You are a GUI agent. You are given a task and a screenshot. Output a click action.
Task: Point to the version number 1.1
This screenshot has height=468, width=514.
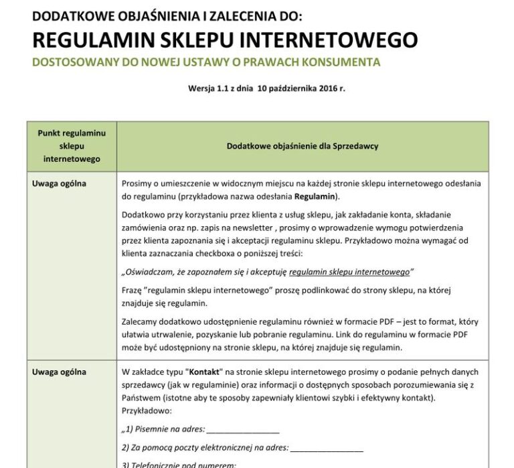pos(224,88)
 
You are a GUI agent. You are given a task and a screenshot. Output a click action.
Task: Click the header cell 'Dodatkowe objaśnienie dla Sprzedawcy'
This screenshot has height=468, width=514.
pos(303,146)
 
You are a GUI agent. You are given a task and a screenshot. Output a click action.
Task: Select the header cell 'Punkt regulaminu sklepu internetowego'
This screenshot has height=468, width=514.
pos(71,146)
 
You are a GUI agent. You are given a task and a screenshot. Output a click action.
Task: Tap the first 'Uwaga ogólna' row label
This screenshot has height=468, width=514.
pos(59,183)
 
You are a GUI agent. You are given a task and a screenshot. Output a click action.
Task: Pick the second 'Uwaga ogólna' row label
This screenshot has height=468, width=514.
pos(59,372)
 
